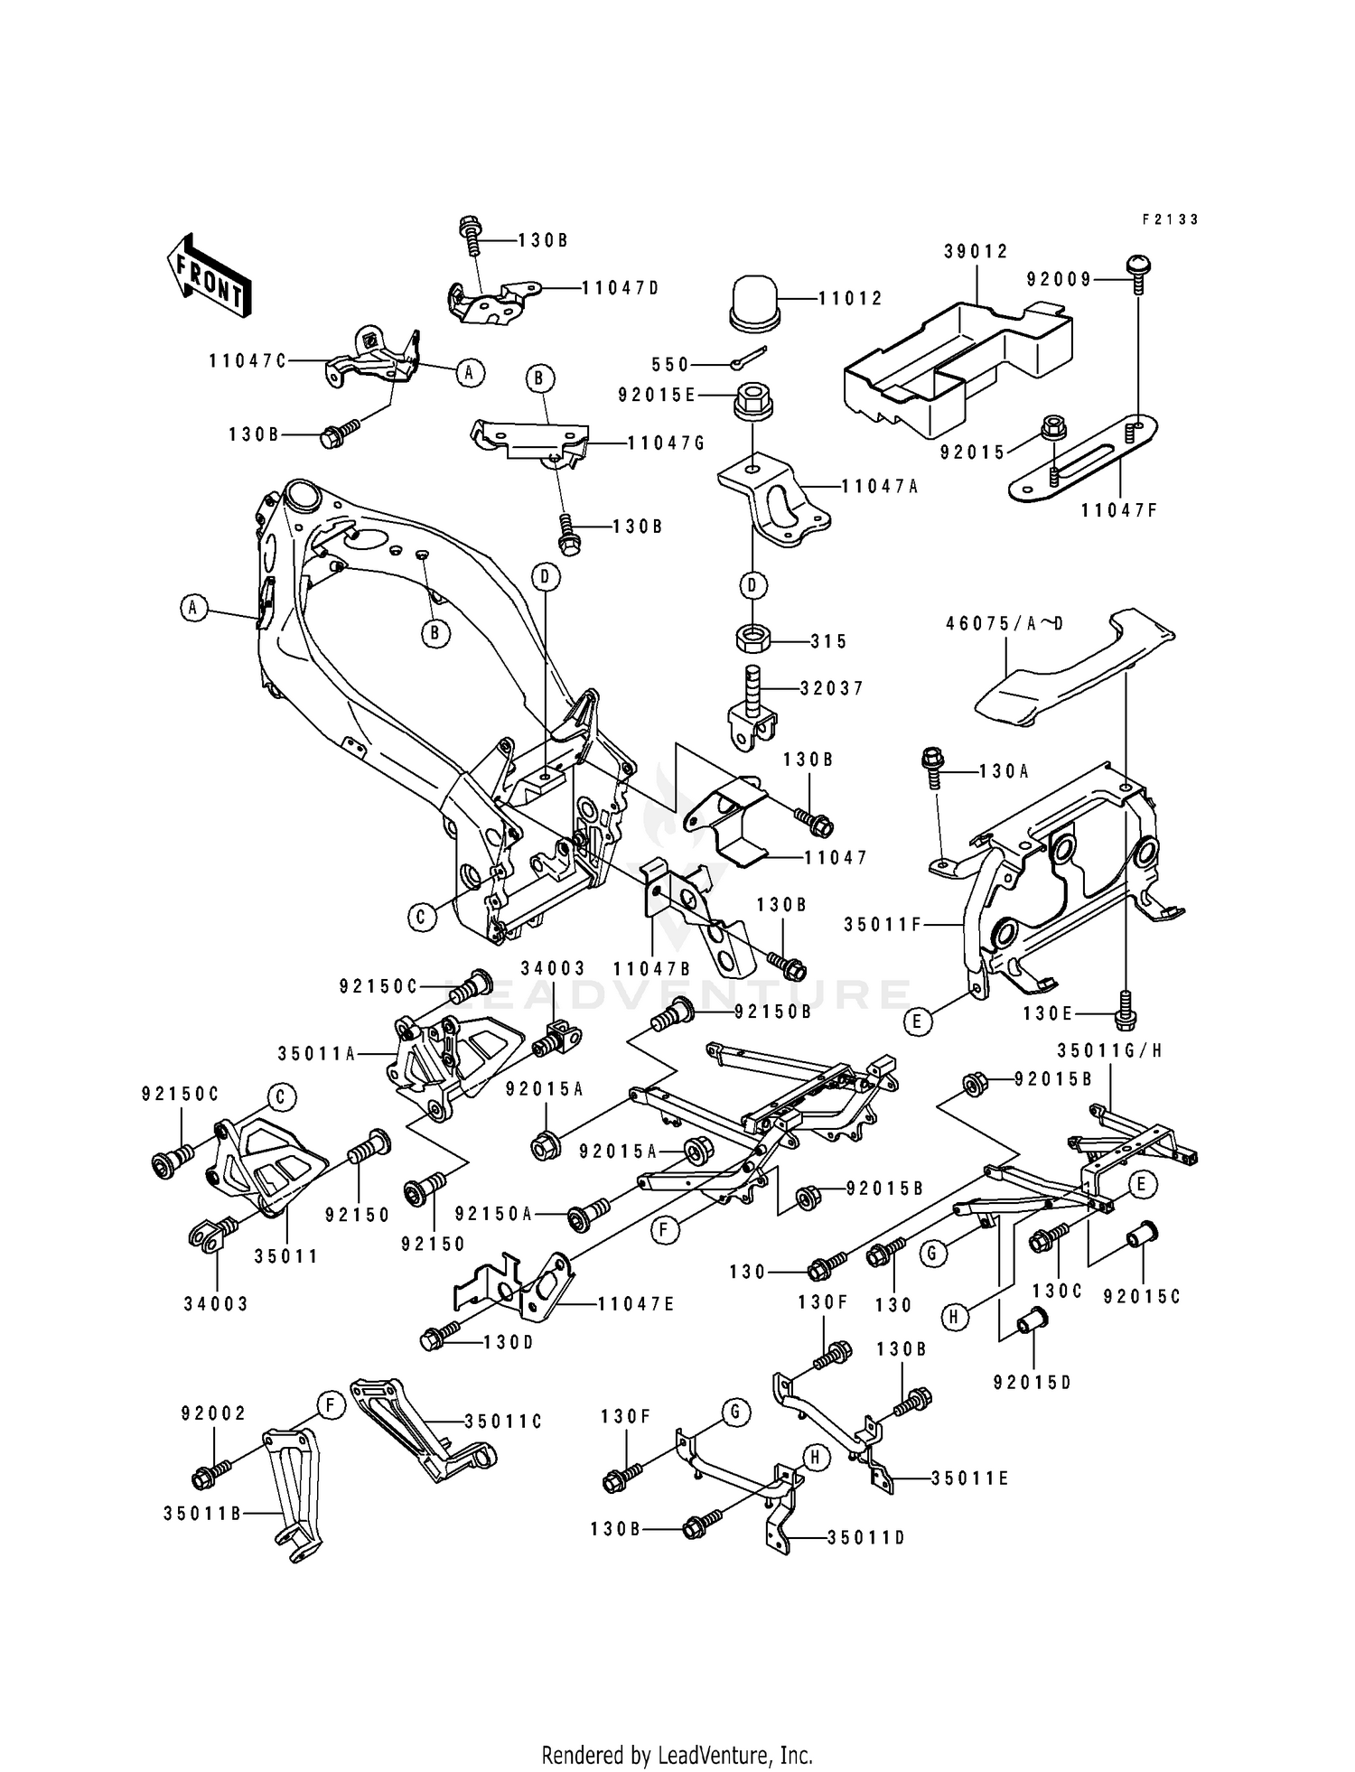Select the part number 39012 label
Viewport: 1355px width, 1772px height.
tap(976, 251)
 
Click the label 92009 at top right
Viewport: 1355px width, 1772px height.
tap(1059, 280)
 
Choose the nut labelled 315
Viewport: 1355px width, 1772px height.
tap(752, 640)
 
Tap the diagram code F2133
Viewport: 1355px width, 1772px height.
tap(1170, 219)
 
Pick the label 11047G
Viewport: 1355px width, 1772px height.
tap(666, 443)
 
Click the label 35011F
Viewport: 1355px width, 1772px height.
tap(882, 925)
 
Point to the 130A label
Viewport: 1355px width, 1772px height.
tap(1004, 772)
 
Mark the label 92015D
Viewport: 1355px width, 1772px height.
tap(1032, 1382)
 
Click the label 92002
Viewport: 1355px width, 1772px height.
tap(213, 1413)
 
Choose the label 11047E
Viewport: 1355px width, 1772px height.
tap(636, 1304)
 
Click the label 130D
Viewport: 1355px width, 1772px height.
tap(509, 1342)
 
